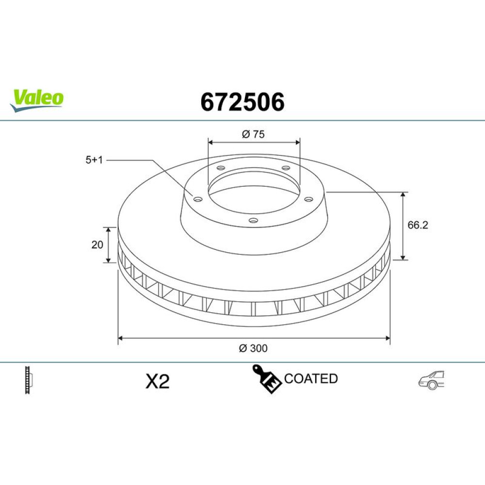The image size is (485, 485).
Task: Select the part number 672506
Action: (x=242, y=102)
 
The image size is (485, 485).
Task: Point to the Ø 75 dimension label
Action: (x=253, y=134)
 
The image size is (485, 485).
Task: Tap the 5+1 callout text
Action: (x=94, y=160)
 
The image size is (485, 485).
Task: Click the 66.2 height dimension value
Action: (x=418, y=225)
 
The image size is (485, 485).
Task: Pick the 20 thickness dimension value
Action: (x=97, y=244)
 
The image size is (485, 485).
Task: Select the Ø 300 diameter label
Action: (x=253, y=348)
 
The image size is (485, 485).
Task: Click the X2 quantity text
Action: (x=158, y=381)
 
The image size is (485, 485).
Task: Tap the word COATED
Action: (x=311, y=379)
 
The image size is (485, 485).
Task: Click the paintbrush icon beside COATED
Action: (x=267, y=379)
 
